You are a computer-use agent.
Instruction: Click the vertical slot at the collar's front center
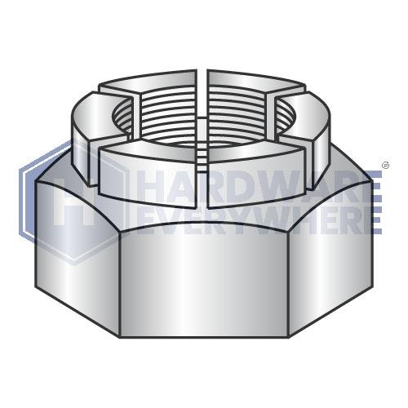point(203,175)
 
